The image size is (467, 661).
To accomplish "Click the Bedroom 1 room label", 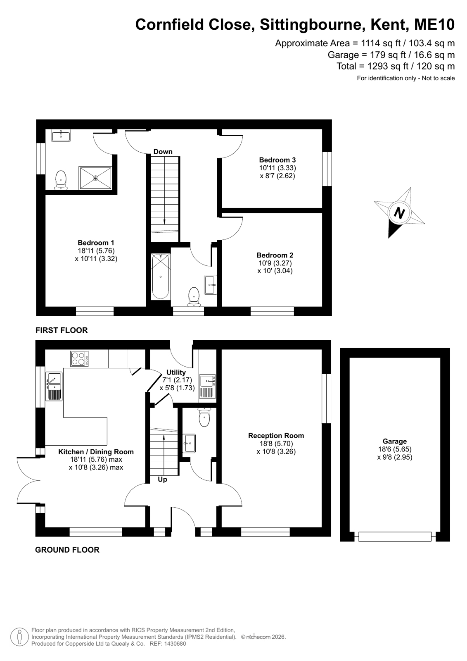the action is pos(96,243).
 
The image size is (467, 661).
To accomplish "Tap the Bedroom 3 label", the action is pos(277,160).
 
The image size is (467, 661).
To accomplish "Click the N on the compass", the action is pos(399,212).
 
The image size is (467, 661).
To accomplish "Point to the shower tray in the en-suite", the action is pos(95,178).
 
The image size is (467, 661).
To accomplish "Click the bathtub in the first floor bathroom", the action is pos(161,277).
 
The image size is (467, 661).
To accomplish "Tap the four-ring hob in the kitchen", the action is pos(79,358).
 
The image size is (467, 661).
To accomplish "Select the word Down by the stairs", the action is pos(163,151).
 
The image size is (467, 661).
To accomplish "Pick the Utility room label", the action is pos(176,372).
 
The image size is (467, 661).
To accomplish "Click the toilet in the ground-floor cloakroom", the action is pos(204,417).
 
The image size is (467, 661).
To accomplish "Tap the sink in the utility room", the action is pos(208,386).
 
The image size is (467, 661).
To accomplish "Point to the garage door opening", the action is pos(395,536).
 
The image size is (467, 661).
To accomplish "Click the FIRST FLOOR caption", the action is pos(62,330).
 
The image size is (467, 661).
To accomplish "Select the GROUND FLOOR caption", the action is pos(67,549).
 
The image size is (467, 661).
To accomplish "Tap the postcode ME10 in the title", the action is pos(434,24).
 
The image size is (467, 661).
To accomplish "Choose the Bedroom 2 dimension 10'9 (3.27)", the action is pos(275,262).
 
